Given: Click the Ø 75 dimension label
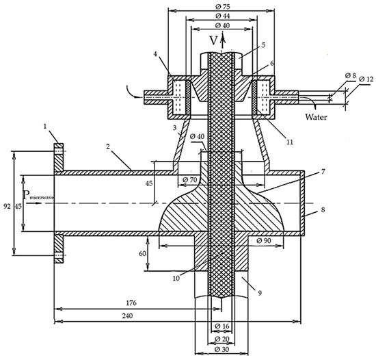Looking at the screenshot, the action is point(223,7).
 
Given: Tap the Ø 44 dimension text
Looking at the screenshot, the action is point(223,16).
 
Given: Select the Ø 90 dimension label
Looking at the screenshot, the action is point(264,240).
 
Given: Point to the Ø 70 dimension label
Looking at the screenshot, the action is point(189,179).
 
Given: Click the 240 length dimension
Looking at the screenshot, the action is point(127,316).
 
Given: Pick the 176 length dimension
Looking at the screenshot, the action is point(131,303).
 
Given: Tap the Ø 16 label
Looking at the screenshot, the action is point(222,326).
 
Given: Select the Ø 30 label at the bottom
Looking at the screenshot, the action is point(222,350).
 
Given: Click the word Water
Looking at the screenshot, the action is point(316,117).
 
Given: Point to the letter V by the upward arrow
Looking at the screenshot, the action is point(213,40).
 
